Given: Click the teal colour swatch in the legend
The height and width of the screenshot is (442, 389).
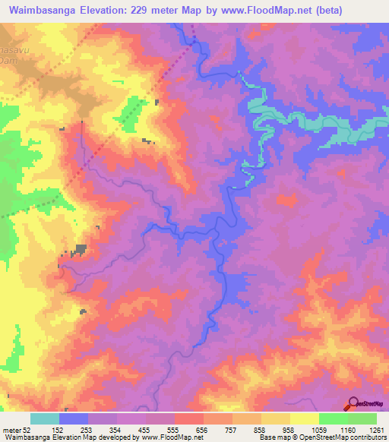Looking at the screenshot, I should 45,418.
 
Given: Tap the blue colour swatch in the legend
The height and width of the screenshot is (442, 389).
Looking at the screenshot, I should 74,418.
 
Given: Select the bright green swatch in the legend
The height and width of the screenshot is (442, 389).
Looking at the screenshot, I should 334,418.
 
